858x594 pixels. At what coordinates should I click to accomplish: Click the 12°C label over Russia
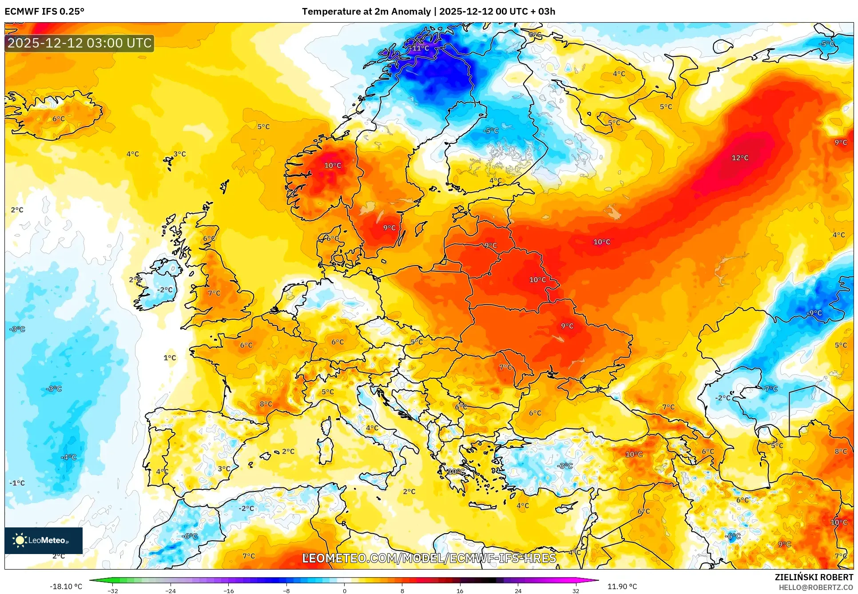click(x=740, y=158)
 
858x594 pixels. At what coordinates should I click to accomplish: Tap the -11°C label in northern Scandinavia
click(x=418, y=48)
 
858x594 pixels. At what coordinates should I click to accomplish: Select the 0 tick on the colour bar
click(x=344, y=590)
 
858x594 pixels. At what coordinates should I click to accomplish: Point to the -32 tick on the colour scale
click(x=113, y=590)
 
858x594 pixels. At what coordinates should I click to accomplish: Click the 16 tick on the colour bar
click(x=460, y=590)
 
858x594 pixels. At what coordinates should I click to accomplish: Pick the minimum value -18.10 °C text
click(x=66, y=586)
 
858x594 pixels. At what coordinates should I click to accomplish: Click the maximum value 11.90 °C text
click(x=622, y=586)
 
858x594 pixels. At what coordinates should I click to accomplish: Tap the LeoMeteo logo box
click(x=44, y=540)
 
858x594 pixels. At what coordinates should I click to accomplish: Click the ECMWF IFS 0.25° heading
click(x=44, y=12)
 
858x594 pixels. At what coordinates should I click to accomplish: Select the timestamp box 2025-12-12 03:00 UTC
click(x=79, y=43)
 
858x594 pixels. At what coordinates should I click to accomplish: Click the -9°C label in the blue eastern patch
click(x=814, y=313)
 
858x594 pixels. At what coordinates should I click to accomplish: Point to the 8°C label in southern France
click(x=266, y=404)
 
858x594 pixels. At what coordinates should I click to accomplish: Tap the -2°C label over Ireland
click(x=164, y=289)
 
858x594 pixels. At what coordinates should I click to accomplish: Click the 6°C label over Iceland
click(x=59, y=119)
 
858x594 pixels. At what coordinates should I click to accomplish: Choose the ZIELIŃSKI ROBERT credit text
click(x=814, y=577)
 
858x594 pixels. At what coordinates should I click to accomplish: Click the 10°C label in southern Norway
click(x=333, y=165)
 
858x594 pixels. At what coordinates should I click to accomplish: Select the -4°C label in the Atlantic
click(x=68, y=457)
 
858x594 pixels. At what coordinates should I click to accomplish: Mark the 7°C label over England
click(x=214, y=293)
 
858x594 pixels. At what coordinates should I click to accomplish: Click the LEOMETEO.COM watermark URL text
click(x=429, y=558)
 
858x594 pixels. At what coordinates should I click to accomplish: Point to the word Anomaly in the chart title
click(x=412, y=12)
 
